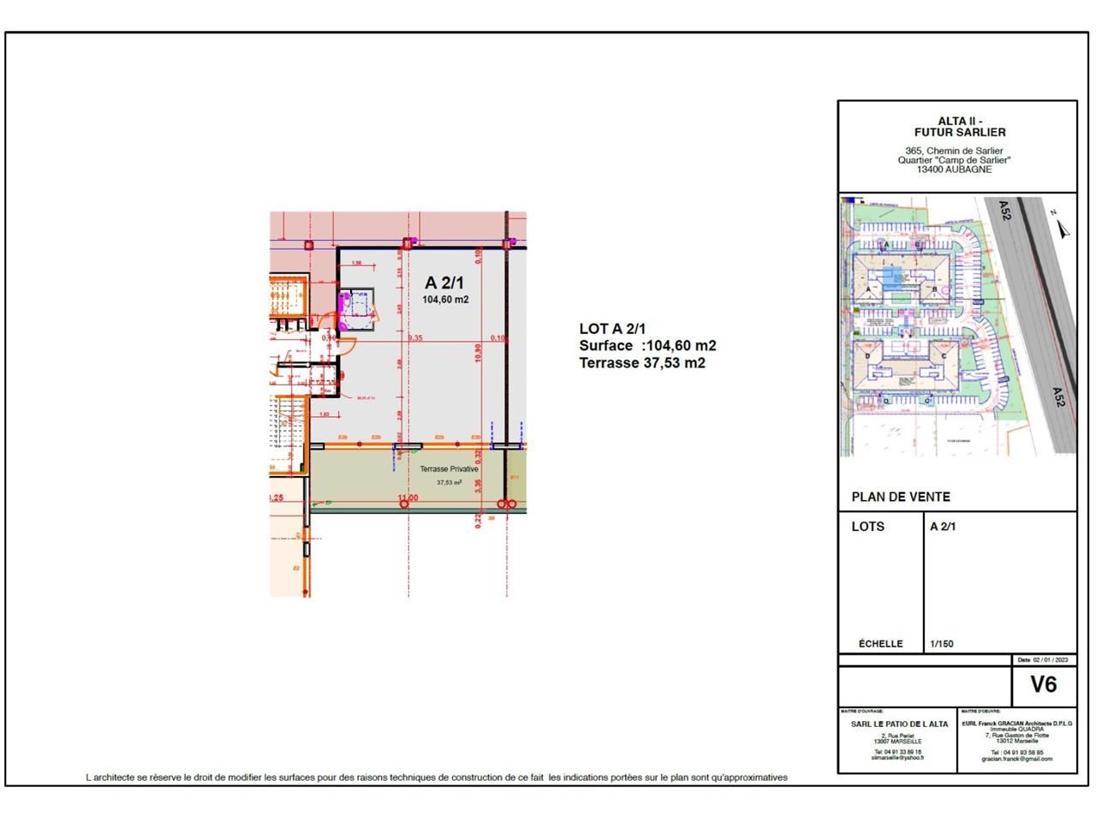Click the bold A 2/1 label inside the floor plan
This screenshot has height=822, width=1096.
(x=445, y=283)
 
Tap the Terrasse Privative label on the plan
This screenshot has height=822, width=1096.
(x=449, y=469)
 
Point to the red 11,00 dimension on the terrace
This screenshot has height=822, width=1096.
(x=408, y=498)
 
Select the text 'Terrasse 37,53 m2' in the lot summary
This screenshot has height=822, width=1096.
(x=642, y=363)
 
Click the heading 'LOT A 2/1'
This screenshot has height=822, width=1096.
(x=612, y=329)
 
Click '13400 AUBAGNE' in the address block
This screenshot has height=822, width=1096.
(x=954, y=170)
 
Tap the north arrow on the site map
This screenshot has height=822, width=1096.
(x=1063, y=228)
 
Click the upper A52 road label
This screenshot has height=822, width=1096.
(x=1004, y=211)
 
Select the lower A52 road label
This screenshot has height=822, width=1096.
(x=1059, y=397)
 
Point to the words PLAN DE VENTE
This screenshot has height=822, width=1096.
(x=901, y=497)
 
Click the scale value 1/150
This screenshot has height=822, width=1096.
(x=941, y=644)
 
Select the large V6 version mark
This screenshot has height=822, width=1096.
(x=1043, y=684)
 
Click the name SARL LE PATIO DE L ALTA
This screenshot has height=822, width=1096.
(x=899, y=724)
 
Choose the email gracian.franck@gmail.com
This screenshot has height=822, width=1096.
(x=1017, y=759)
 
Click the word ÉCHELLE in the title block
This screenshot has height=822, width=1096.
(x=880, y=644)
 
